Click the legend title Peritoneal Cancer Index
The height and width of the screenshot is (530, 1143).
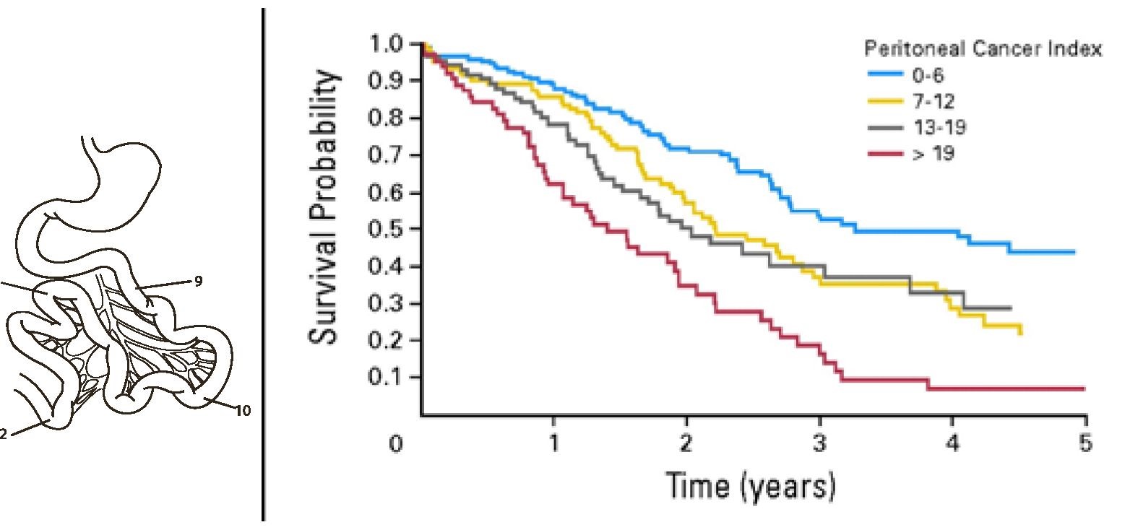(983, 49)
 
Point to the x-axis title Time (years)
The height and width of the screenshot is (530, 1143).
(751, 485)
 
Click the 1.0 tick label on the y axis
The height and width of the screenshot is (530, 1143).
(385, 45)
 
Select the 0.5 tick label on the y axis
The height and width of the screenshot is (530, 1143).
(385, 230)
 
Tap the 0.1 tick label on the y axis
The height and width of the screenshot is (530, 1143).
(385, 378)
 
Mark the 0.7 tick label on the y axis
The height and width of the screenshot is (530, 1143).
(385, 156)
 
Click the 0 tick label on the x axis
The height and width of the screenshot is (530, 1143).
(394, 443)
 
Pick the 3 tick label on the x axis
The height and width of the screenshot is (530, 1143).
(819, 443)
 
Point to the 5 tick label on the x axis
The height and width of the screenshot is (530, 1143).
(1085, 443)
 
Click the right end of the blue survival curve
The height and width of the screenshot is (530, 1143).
(1074, 252)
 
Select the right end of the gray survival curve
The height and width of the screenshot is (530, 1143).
(1010, 308)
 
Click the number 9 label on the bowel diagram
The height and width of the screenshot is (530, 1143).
(198, 282)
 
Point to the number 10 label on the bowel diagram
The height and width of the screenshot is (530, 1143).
(243, 411)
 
